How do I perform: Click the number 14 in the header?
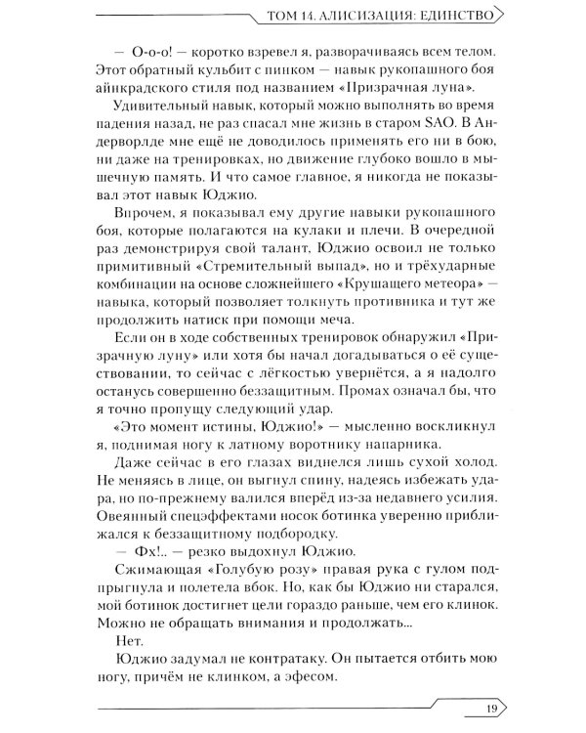313,15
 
